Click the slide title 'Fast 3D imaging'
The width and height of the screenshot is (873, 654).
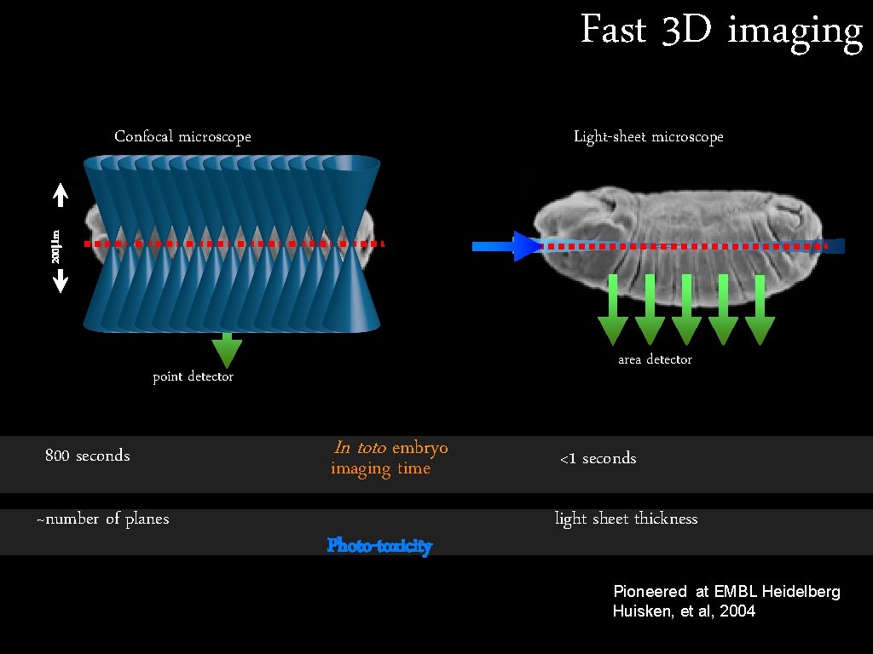click(721, 32)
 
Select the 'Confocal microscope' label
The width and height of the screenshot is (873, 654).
click(182, 136)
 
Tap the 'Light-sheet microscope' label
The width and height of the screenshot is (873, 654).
click(648, 136)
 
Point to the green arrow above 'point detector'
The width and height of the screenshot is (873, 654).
click(226, 349)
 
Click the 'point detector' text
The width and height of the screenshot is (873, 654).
click(193, 376)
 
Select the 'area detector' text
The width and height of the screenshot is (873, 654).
click(655, 359)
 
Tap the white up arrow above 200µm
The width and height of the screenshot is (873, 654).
click(61, 197)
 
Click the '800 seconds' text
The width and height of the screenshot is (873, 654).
click(87, 456)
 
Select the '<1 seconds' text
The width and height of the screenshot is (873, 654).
click(598, 458)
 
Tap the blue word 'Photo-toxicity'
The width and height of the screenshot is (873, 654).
click(379, 545)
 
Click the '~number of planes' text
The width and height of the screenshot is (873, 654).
click(102, 519)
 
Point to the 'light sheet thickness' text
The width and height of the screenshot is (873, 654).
click(626, 519)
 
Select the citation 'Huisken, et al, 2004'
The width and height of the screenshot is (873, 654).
click(684, 611)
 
